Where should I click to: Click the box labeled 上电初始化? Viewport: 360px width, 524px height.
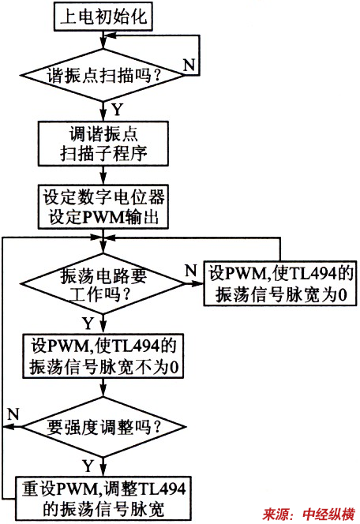pos(103,17)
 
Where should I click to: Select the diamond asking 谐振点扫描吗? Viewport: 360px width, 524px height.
pos(103,75)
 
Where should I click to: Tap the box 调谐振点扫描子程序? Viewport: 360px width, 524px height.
pos(103,144)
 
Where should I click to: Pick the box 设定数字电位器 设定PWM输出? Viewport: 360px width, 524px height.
pos(103,207)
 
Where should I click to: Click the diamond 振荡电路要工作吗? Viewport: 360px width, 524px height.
pos(103,284)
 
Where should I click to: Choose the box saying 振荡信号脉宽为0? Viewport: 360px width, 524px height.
pos(280,283)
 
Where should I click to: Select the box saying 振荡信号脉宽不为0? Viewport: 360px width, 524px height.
pos(103,356)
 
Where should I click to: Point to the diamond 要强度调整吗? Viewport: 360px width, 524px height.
pos(103,427)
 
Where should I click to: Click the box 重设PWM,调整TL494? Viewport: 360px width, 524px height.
pos(103,499)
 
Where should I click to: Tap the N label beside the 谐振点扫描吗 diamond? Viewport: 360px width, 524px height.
pos(189,64)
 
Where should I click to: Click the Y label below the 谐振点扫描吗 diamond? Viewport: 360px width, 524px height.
pos(117,110)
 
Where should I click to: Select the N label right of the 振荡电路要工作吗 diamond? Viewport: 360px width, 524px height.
pos(191,270)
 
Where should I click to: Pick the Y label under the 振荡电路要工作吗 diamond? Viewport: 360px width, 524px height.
pos(88,323)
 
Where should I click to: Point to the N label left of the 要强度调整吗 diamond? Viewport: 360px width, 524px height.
pos(13,414)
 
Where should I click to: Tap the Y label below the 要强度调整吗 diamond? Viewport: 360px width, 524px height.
pos(88,466)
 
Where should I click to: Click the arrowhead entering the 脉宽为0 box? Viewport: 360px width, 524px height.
pos(198,284)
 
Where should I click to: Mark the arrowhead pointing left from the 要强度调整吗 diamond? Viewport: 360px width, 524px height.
pos(8,427)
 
